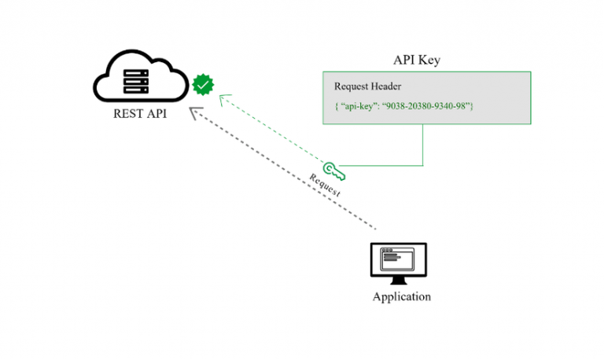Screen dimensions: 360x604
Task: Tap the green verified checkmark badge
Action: click(x=204, y=83)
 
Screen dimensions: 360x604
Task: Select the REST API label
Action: click(x=139, y=115)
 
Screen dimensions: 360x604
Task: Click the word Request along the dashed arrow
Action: click(x=325, y=182)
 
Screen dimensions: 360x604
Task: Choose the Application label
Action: click(x=401, y=297)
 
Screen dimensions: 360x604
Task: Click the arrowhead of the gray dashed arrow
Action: click(x=195, y=113)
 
